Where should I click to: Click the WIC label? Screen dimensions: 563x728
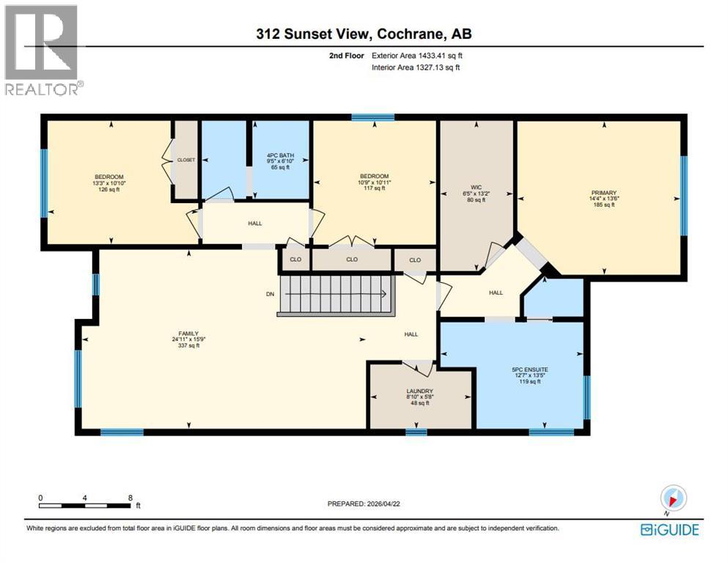pos(476,193)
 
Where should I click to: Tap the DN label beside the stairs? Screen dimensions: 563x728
pos(270,294)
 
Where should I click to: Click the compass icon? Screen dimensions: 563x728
pos(672,498)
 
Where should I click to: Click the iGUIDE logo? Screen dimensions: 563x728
pos(669,529)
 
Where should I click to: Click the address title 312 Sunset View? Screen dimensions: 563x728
pos(364,34)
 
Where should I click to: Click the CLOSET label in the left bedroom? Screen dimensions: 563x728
pos(185,160)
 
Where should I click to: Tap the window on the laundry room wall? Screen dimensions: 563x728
pos(416,432)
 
